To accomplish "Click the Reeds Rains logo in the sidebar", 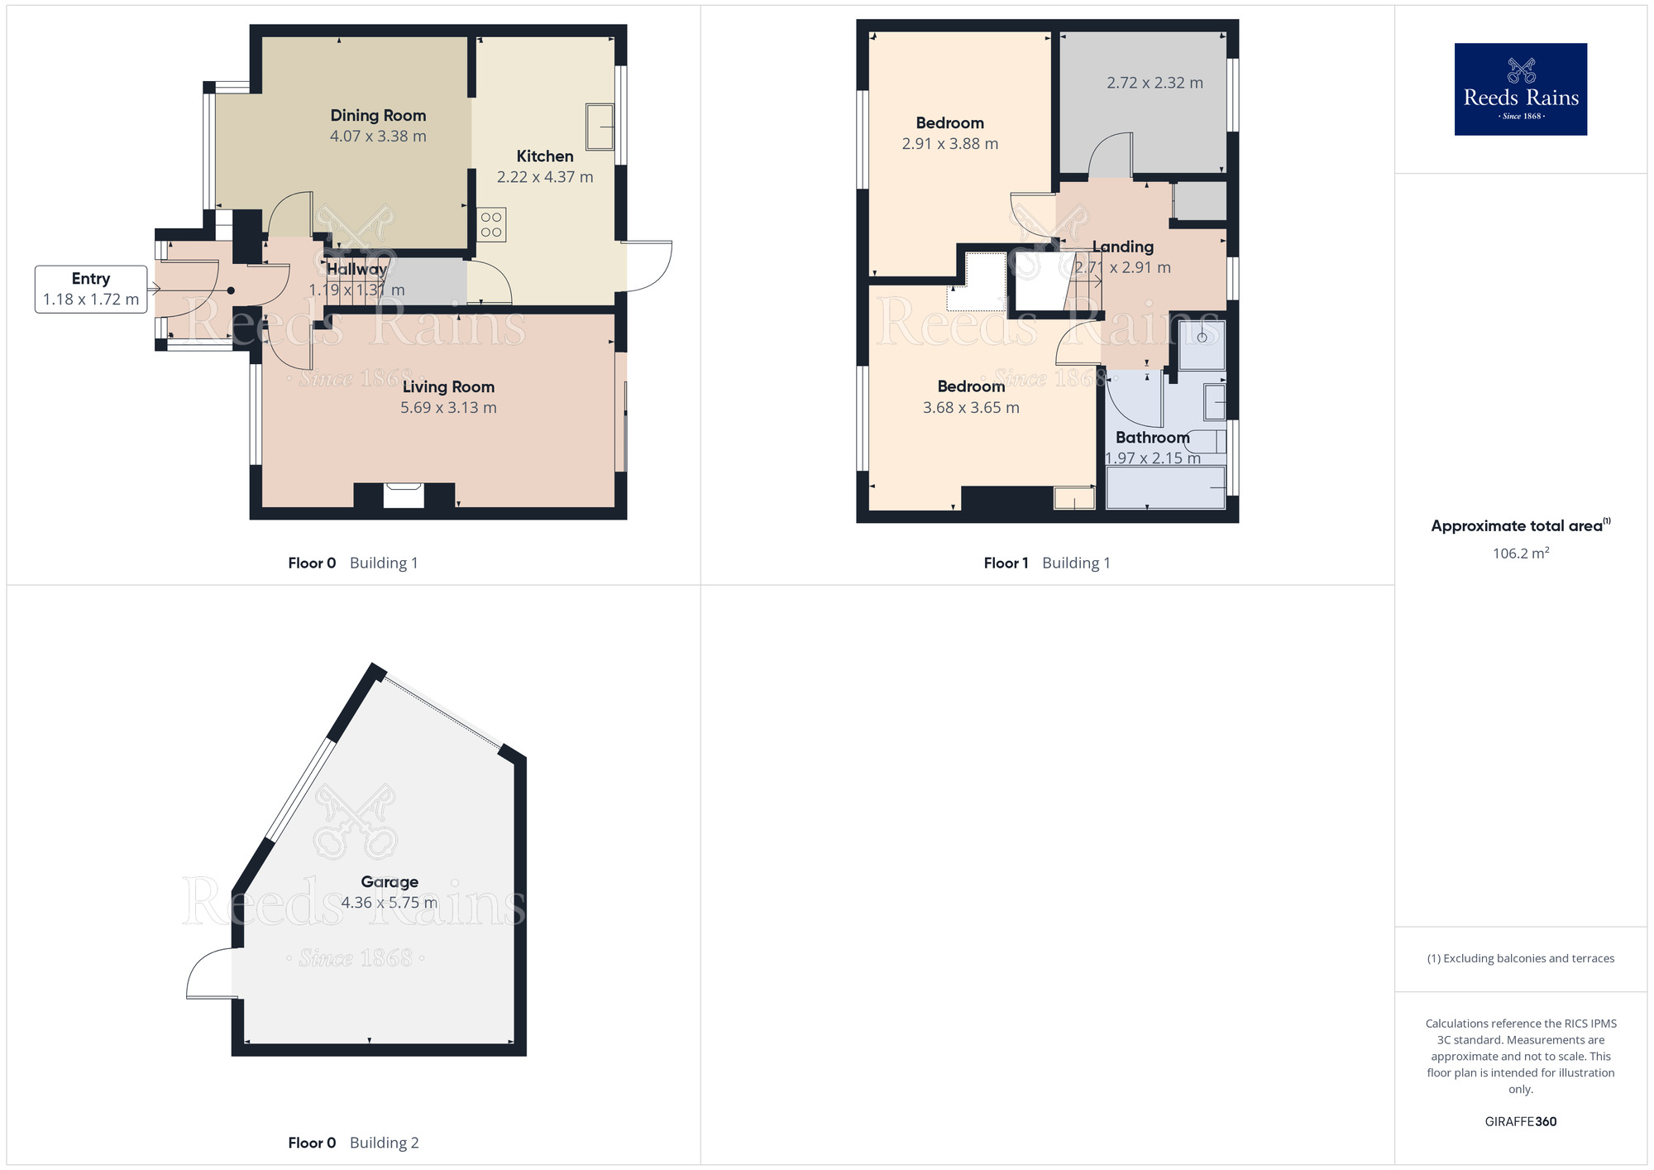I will [1520, 89].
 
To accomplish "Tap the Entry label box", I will [91, 289].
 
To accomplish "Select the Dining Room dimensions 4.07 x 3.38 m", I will [378, 137].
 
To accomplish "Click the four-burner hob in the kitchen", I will [491, 225].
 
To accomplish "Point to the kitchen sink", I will [600, 127].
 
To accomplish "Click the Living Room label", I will [448, 386].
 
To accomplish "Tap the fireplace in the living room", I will [404, 495].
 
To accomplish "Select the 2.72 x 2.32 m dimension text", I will [1154, 83].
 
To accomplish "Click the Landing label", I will [1122, 247].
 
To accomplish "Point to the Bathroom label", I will [1152, 437].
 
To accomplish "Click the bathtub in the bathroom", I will [1165, 487].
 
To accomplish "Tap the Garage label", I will [390, 882].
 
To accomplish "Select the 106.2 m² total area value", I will [1520, 554].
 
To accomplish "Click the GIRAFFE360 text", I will [1520, 1122].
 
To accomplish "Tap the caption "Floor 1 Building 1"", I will [1047, 563].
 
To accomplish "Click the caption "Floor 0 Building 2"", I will [353, 1143].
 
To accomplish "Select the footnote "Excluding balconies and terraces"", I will [1520, 958].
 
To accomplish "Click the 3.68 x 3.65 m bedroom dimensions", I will [971, 407].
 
